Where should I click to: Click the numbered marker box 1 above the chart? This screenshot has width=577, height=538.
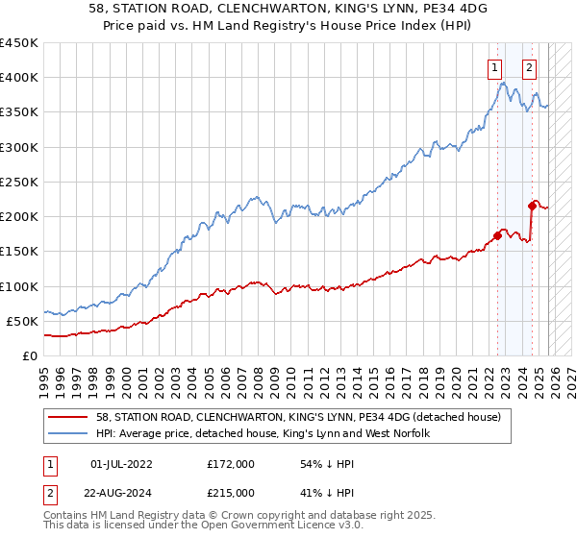point(494,67)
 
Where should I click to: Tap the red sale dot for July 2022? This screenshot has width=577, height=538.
point(497,235)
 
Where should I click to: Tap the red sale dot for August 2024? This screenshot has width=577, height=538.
point(532,205)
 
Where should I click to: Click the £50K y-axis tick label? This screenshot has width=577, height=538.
point(22,321)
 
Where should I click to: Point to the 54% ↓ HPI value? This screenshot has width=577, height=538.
point(318,463)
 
